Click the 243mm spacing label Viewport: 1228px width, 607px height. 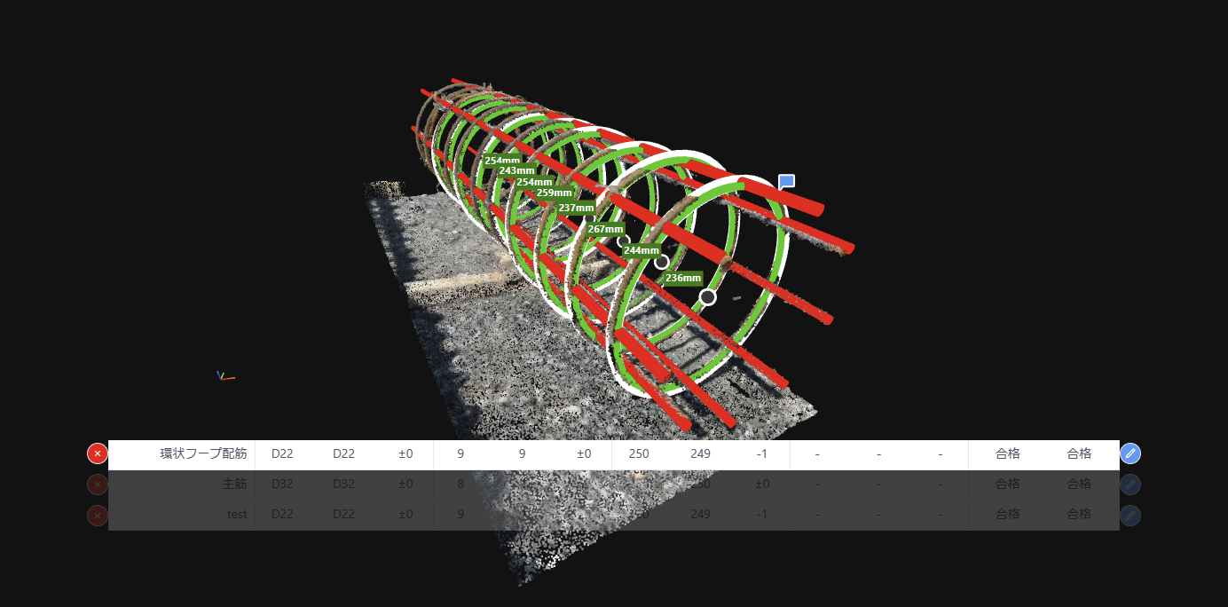click(516, 170)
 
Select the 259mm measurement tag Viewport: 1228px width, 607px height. click(555, 193)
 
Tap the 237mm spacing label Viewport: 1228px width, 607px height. click(576, 208)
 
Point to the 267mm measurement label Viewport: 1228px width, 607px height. click(606, 229)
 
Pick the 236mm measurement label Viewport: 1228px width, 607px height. click(683, 278)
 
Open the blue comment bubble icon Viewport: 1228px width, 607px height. click(786, 182)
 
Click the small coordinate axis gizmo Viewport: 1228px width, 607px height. click(224, 376)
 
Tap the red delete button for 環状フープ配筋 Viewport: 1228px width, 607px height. click(98, 453)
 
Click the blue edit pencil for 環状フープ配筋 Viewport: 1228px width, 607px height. click(1130, 453)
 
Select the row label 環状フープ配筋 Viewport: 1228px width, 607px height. click(203, 453)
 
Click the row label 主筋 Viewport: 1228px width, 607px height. click(234, 485)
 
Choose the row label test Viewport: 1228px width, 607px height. click(237, 515)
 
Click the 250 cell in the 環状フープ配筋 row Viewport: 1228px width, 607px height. click(639, 453)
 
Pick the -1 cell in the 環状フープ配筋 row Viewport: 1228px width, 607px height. click(761, 453)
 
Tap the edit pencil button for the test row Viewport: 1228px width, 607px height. click(1130, 515)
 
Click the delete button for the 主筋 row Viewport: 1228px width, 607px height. click(98, 485)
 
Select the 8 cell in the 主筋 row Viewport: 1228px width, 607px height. click(460, 485)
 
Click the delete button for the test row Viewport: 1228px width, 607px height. click(98, 515)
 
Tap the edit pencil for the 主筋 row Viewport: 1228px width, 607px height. click(1130, 485)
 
